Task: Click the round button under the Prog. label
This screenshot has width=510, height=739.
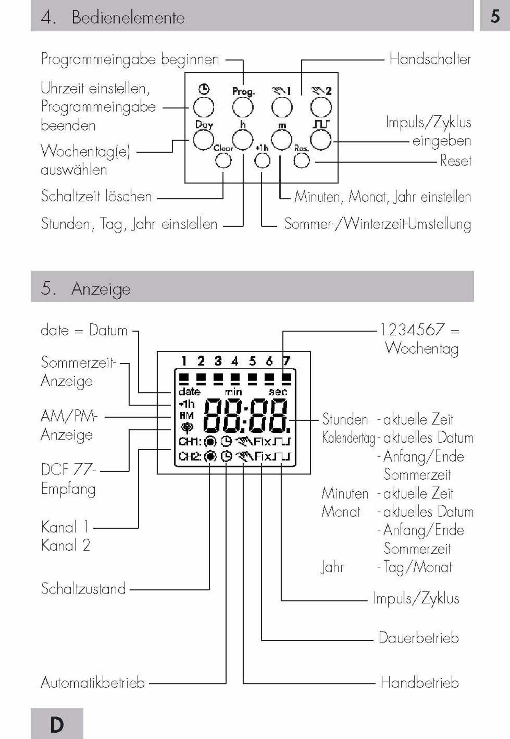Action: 243,107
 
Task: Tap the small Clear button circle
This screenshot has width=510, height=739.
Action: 223,160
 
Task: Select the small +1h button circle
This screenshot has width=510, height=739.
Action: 262,160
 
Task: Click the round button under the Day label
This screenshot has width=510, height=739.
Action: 204,140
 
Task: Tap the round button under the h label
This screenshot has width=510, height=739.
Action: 243,140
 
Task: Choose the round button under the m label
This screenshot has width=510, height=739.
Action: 282,140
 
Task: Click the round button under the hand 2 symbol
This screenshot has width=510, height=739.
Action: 321,107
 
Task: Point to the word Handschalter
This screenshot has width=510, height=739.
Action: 430,59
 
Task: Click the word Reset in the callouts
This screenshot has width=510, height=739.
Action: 456,160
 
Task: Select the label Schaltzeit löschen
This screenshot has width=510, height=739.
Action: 97,196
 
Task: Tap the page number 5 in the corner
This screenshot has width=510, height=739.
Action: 495,16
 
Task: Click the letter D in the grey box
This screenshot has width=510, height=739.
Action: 57,725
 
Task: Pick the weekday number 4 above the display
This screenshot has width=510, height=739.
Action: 235,361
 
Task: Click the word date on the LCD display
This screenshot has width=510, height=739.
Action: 189,392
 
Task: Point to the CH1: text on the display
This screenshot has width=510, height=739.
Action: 190,442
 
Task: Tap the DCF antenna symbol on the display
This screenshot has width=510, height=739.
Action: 187,428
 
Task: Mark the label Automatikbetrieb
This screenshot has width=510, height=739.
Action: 93,683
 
